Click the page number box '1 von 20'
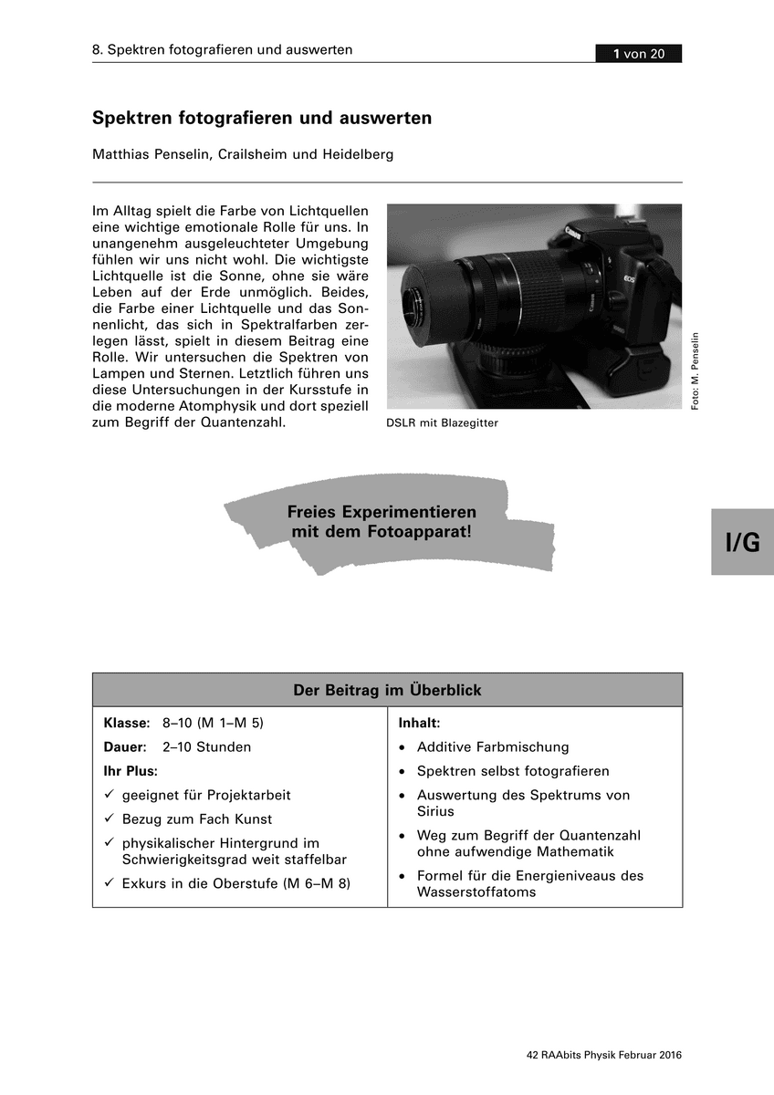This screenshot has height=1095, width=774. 639,55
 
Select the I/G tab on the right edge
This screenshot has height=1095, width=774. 742,542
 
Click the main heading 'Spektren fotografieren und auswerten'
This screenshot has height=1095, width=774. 262,119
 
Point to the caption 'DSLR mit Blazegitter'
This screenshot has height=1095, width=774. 442,423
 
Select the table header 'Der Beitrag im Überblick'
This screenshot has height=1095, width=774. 387,691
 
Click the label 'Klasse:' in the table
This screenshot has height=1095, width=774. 127,723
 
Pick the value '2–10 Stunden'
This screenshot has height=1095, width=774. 206,747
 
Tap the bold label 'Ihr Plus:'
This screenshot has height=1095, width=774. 131,771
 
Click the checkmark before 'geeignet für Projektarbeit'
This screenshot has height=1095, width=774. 109,796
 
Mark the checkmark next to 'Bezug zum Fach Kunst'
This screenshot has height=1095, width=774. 109,819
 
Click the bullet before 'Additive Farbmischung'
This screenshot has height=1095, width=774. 403,747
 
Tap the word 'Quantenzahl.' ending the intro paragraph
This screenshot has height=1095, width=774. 244,423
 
